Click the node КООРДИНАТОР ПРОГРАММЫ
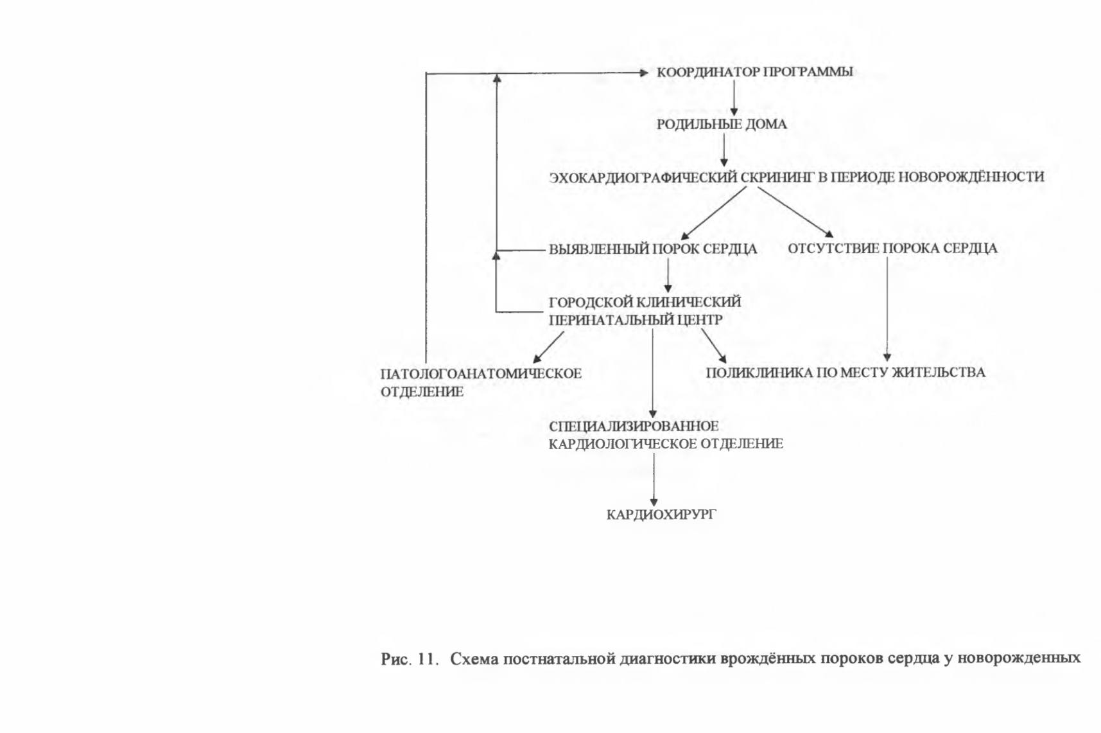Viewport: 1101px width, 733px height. pos(754,72)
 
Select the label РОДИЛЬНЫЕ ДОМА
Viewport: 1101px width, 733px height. pos(722,125)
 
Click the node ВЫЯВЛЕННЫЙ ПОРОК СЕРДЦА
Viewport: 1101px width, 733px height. pos(653,249)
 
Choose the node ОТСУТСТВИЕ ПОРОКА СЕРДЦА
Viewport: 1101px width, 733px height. pos(892,249)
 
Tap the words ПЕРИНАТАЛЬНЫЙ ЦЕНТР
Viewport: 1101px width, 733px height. pos(636,320)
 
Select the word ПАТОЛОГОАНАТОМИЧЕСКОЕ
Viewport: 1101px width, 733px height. pos(481,374)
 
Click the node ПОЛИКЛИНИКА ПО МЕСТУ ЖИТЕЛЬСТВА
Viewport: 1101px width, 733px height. pos(845,373)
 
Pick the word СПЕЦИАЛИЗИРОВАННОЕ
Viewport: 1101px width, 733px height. pos(634,426)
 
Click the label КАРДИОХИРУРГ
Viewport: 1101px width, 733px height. pos(661,515)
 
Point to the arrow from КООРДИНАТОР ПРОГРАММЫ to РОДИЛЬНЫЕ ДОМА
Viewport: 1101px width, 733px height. pos(734,98)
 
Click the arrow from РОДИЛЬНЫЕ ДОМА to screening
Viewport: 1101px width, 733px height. pos(724,150)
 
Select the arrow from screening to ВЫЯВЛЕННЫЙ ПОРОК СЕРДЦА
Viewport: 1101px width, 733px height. pos(713,213)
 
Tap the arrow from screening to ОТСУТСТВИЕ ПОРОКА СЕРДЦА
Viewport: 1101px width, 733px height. pos(795,212)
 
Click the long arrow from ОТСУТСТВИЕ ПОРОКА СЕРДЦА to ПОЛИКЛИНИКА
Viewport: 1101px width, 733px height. pos(887,310)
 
